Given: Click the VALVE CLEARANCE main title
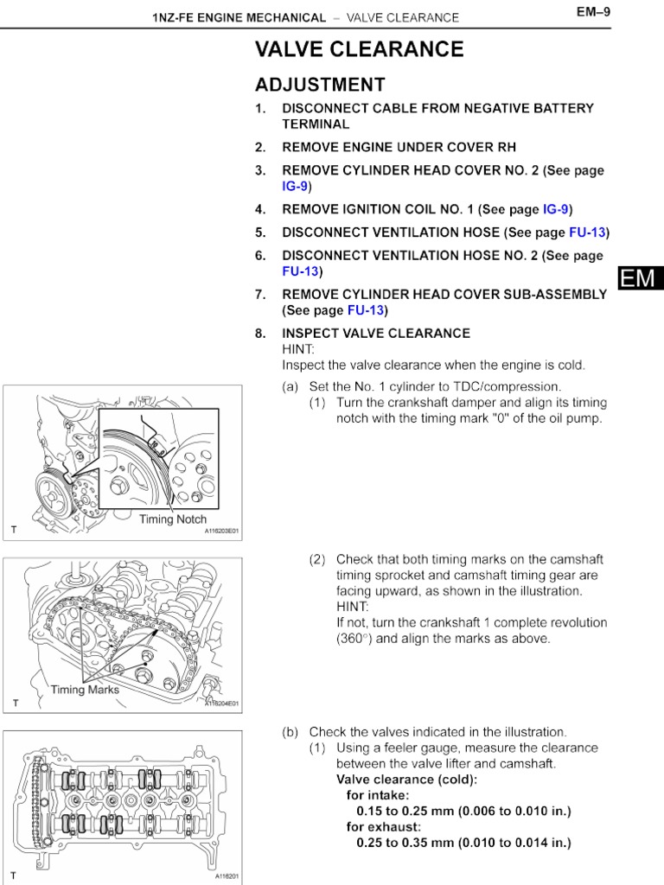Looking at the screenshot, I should coord(359,50).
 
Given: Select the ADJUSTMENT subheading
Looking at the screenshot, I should coord(320,85).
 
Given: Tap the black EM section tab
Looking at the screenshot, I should coord(639,278).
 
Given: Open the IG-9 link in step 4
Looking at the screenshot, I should coord(557,209).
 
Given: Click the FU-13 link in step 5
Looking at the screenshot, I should coord(587,232).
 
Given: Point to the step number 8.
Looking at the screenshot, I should coord(260,334).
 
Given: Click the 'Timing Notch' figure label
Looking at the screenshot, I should coord(173,519).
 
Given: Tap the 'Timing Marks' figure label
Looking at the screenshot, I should coord(86,690).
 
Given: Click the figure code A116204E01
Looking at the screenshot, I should coord(221,704).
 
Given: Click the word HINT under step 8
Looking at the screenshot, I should coord(298,349).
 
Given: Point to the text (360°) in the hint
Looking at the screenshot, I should coord(355,639).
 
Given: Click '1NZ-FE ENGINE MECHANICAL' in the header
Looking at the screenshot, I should coord(239,17).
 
